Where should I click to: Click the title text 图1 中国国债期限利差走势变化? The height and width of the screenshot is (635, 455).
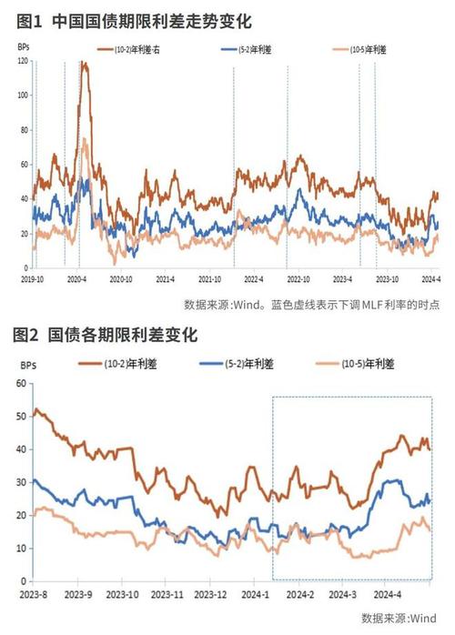tap(133, 19)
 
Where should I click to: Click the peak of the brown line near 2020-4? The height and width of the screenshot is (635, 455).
tap(85, 63)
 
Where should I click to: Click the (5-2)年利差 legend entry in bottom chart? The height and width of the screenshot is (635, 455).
tap(248, 364)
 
